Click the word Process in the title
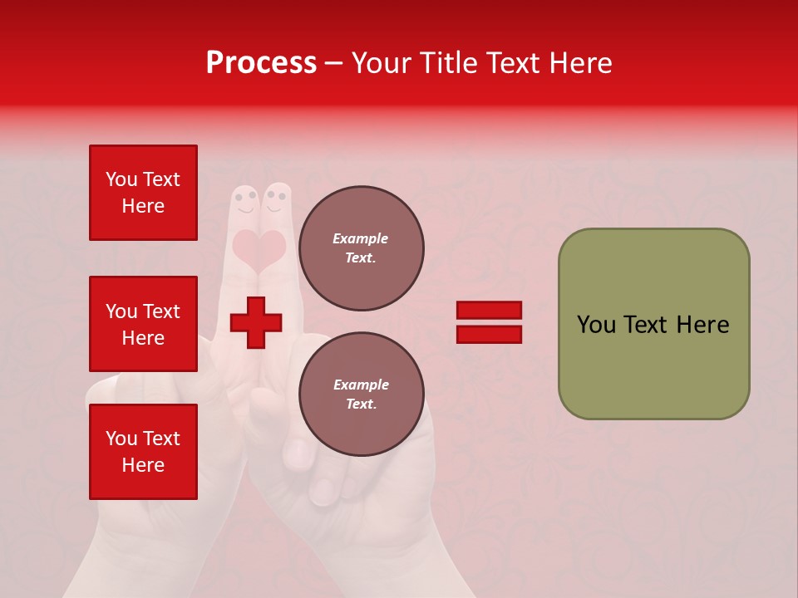click(x=261, y=63)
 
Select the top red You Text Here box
click(x=143, y=193)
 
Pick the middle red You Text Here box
click(x=143, y=324)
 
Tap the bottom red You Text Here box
click(x=143, y=452)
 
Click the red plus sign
click(x=256, y=322)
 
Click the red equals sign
click(x=489, y=322)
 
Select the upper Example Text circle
click(x=361, y=248)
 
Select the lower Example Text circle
click(x=361, y=395)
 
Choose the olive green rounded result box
click(x=653, y=324)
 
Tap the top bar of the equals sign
click(x=489, y=311)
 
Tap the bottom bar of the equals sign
click(x=489, y=334)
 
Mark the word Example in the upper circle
click(x=361, y=238)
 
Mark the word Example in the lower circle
click(x=361, y=385)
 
